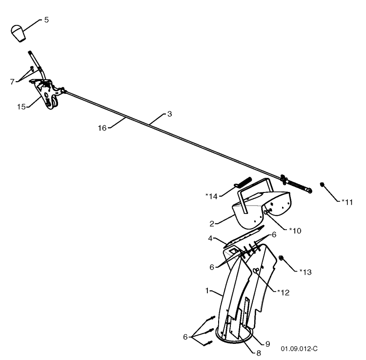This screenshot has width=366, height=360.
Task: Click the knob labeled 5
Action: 18,33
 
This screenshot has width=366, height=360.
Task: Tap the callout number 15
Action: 21,107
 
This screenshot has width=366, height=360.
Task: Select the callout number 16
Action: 102,128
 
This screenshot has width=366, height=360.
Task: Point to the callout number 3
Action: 169,114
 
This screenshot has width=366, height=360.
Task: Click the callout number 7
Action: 12,82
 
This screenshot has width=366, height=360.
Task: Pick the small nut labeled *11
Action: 322,184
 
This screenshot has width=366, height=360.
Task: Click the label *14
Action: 211,196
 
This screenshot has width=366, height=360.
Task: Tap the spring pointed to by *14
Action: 243,182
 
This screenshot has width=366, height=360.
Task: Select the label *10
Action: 295,231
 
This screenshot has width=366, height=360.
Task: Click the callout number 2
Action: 212,224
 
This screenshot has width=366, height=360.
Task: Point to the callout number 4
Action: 210,238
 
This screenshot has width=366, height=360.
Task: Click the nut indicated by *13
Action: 281,258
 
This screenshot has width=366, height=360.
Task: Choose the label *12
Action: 284,293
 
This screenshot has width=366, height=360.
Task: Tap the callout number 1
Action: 207,291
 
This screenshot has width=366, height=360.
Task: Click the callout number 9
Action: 267,344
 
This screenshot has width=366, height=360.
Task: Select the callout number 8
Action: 258,353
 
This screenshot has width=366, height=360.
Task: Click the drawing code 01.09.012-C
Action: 299,349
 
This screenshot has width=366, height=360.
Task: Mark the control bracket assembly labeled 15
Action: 47,93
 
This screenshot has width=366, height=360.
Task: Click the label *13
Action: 305,272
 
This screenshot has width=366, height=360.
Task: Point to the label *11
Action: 347,202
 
